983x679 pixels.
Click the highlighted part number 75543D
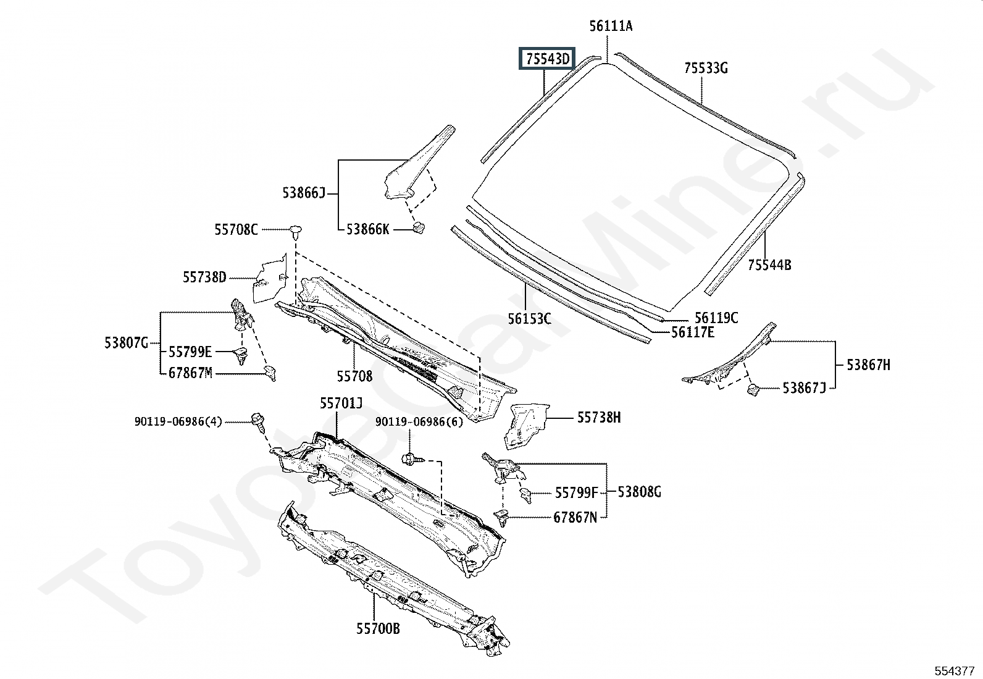pyautogui.click(x=547, y=59)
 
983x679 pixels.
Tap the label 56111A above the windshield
pyautogui.click(x=611, y=27)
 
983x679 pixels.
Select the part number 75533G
pyautogui.click(x=706, y=68)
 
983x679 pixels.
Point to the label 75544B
pyautogui.click(x=769, y=265)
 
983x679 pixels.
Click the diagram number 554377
pyautogui.click(x=955, y=671)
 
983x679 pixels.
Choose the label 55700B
pyautogui.click(x=378, y=628)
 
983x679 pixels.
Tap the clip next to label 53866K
pyautogui.click(x=419, y=228)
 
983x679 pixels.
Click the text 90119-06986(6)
pyautogui.click(x=419, y=421)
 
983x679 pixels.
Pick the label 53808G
pyautogui.click(x=639, y=492)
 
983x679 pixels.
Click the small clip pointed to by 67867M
pyautogui.click(x=270, y=373)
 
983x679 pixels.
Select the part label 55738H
pyautogui.click(x=598, y=417)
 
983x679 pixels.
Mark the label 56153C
pyautogui.click(x=529, y=318)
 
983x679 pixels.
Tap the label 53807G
pyautogui.click(x=126, y=342)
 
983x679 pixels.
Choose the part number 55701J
pyautogui.click(x=341, y=403)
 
